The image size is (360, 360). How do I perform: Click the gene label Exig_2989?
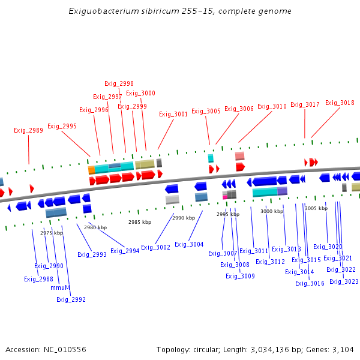click(x=29, y=130)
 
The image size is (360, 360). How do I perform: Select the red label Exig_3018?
click(x=340, y=103)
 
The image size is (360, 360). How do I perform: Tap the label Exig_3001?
click(x=173, y=114)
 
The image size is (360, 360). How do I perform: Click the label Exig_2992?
click(x=71, y=299)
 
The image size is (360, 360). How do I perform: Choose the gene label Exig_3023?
click(x=344, y=281)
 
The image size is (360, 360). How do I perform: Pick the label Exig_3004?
click(x=189, y=244)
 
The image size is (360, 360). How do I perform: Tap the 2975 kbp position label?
click(x=52, y=233)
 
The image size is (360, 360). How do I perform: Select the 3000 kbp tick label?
click(x=272, y=211)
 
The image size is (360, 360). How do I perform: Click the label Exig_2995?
click(x=62, y=126)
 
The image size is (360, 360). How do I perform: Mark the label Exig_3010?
click(x=272, y=106)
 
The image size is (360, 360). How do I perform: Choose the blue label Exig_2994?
click(x=124, y=251)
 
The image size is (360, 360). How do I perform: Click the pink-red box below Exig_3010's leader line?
click(x=239, y=156)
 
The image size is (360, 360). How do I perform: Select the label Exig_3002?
click(x=155, y=247)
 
